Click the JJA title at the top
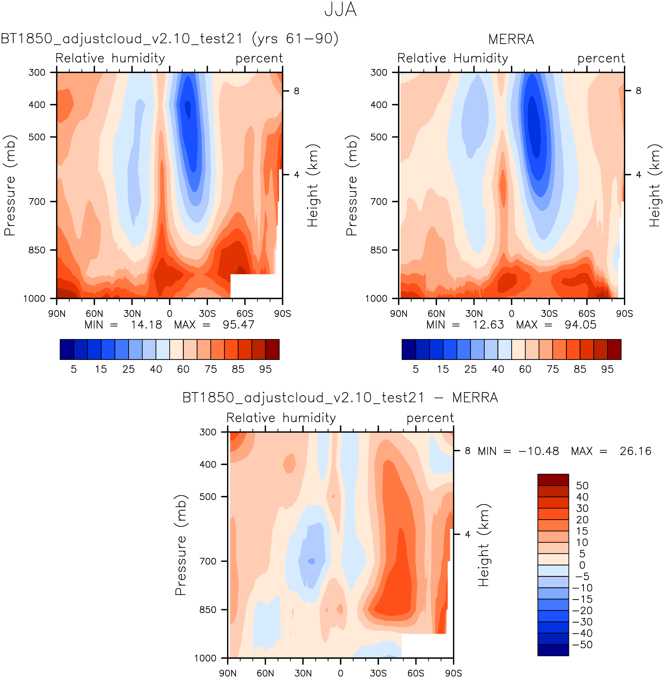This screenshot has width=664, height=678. tap(340, 10)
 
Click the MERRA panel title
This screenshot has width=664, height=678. tap(511, 39)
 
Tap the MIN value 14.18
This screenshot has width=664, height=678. tap(146, 325)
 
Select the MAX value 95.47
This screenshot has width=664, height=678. tap(238, 325)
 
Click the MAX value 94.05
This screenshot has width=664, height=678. tap(580, 325)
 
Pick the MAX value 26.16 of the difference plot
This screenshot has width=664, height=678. tap(635, 451)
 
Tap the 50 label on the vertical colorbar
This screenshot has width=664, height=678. tap(582, 486)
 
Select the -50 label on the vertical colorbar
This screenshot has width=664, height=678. tap(582, 645)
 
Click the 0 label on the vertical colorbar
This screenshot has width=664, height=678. tap(582, 565)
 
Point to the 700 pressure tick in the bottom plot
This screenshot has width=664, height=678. tap(208, 561)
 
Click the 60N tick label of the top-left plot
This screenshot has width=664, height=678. tap(94, 313)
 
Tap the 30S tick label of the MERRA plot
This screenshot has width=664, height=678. tap(549, 313)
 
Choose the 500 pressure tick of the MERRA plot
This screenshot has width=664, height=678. tap(379, 137)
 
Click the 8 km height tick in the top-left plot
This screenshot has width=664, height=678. tap(297, 91)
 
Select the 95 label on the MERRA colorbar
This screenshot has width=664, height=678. tap(607, 369)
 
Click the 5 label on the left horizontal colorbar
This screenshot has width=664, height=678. tap(74, 369)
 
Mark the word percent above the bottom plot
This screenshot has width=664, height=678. tap(430, 418)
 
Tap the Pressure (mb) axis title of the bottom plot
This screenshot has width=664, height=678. tap(181, 545)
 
